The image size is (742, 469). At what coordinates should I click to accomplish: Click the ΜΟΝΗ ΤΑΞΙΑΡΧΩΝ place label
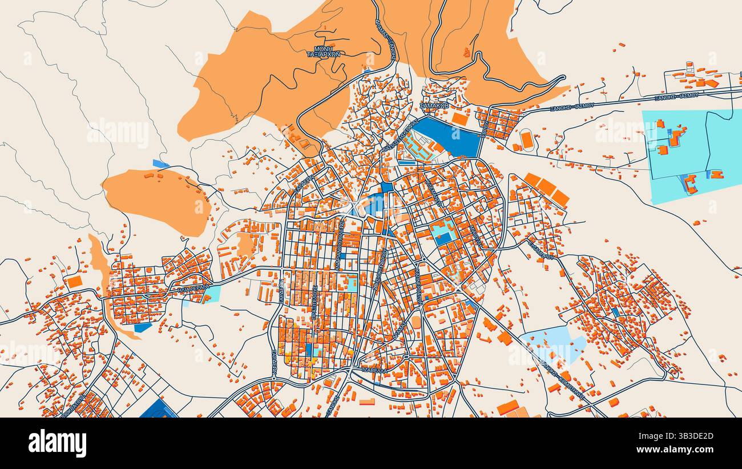tap(324, 51)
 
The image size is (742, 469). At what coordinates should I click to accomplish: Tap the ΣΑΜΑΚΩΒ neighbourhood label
tap(434, 106)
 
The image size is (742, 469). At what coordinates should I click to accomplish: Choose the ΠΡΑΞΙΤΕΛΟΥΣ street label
tap(314, 303)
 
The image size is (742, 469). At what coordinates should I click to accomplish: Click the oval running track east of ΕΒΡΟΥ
tap(526, 139)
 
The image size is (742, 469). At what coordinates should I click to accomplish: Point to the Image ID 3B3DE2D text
tap(675, 436)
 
